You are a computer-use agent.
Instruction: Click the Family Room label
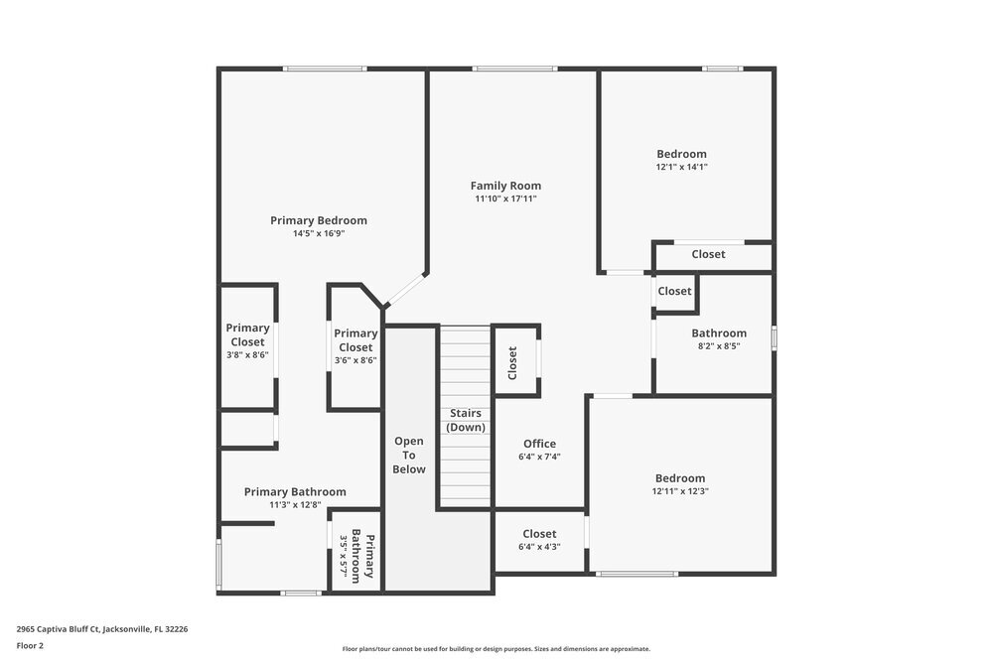tap(505, 186)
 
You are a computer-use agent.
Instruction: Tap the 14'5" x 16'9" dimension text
tap(319, 234)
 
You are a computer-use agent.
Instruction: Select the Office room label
tap(539, 444)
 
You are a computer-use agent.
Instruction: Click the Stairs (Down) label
tap(466, 420)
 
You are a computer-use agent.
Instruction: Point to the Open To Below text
tap(409, 455)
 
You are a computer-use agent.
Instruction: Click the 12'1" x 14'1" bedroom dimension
tap(681, 168)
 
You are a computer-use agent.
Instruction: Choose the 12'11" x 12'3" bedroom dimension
tap(680, 491)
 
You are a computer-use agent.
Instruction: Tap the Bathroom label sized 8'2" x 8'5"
tap(719, 333)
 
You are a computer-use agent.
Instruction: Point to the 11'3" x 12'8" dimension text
tap(295, 505)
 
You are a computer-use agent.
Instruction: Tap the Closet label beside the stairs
tap(512, 362)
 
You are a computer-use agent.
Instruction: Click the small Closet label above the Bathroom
tap(674, 291)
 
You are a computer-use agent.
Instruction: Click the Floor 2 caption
tap(31, 645)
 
